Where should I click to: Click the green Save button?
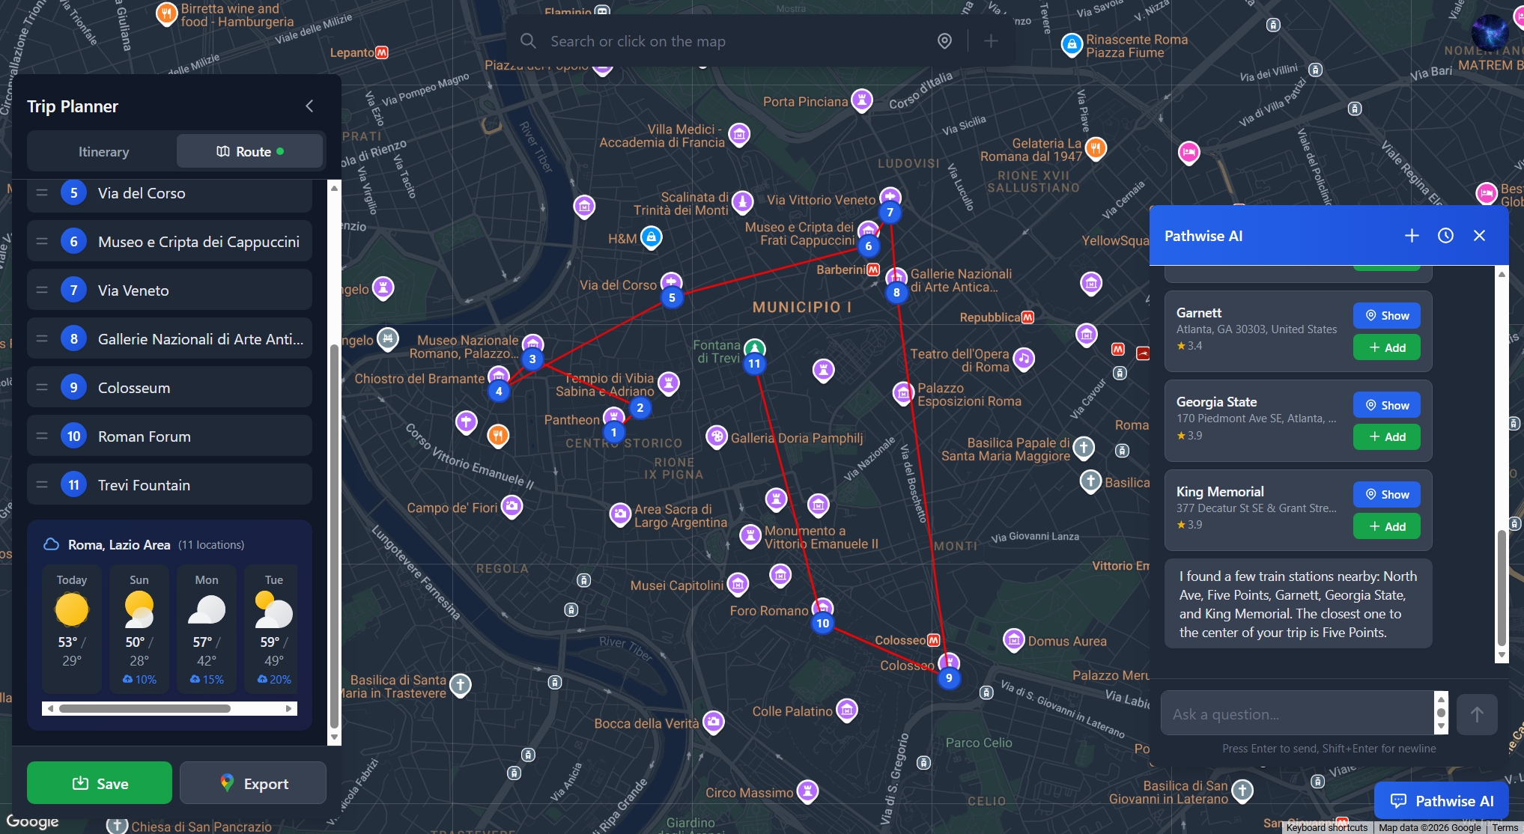coord(100,783)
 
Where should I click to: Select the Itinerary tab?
coord(103,152)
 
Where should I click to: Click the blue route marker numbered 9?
coord(949,678)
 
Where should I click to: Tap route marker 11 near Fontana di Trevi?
coord(754,364)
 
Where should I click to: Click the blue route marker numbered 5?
coord(672,298)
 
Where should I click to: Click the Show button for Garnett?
coord(1386,316)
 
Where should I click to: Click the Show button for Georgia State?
coord(1386,405)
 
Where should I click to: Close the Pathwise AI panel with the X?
coord(1479,236)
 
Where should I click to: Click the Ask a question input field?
coord(1296,714)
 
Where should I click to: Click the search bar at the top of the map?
coord(734,41)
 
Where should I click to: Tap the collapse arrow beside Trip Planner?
coord(309,106)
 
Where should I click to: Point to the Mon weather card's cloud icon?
coord(207,610)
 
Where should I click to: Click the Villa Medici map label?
coord(662,136)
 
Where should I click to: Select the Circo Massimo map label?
coord(749,793)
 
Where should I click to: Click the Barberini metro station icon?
coord(873,270)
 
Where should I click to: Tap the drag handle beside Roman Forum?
coord(42,436)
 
